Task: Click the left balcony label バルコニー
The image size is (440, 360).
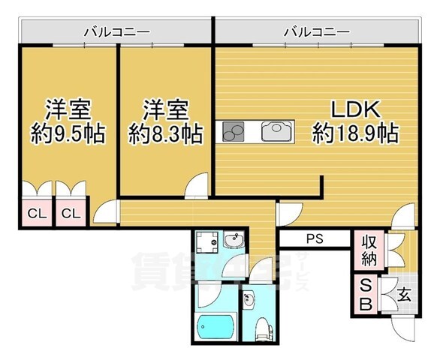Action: pos(116,31)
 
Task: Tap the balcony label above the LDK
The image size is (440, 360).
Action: pos(316,31)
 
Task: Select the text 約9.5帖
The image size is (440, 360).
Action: pos(68,135)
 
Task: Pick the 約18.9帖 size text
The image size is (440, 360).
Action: pos(356,135)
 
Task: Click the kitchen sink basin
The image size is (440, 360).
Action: pos(273,133)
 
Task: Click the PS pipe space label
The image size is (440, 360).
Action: pos(315,239)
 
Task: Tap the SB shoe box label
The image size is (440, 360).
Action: pos(366,295)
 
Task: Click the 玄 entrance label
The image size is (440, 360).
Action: pos(404,295)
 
